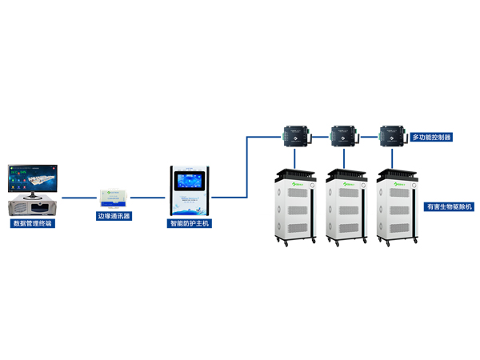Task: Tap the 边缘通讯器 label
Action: click(x=114, y=216)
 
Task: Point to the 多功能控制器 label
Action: click(x=430, y=138)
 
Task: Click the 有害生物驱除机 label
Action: click(x=449, y=206)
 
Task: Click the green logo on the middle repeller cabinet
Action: click(x=349, y=186)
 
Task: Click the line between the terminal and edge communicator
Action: click(x=80, y=197)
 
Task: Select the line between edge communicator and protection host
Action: click(x=149, y=197)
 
